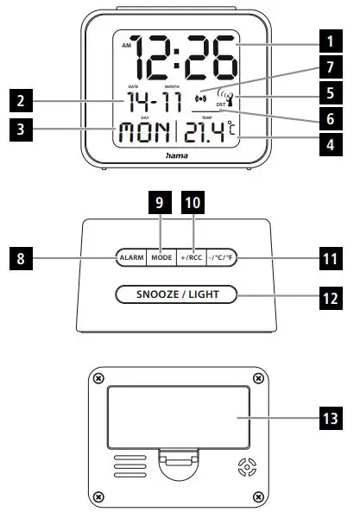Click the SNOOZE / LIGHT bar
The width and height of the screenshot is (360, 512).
pos(176,295)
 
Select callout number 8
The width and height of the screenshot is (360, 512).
pos(19,256)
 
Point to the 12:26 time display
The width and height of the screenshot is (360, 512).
pos(185,58)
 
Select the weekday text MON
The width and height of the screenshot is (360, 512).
pos(143,135)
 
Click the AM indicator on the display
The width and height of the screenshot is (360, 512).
pos(127,44)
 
